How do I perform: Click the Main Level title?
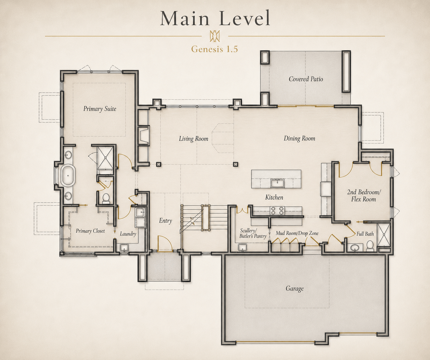[x=215, y=18]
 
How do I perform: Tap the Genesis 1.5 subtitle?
[x=215, y=49]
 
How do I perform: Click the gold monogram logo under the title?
[x=215, y=36]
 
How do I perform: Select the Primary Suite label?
[x=100, y=109]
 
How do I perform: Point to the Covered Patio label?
[x=306, y=79]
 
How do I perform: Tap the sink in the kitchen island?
[x=277, y=183]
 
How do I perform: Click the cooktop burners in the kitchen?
[x=277, y=210]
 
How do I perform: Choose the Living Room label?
[x=193, y=139]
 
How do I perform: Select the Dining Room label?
[x=299, y=138]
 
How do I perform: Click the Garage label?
[x=294, y=289]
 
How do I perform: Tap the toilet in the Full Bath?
[x=370, y=246]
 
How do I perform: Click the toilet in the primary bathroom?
[x=106, y=198]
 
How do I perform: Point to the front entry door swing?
[x=165, y=243]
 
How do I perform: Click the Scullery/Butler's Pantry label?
[x=253, y=234]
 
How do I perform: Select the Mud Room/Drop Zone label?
[x=297, y=233]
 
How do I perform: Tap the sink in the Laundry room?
[x=124, y=247]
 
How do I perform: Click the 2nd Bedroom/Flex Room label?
[x=364, y=196]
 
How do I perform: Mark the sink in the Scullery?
[x=242, y=247]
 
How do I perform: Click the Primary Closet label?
[x=90, y=231]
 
